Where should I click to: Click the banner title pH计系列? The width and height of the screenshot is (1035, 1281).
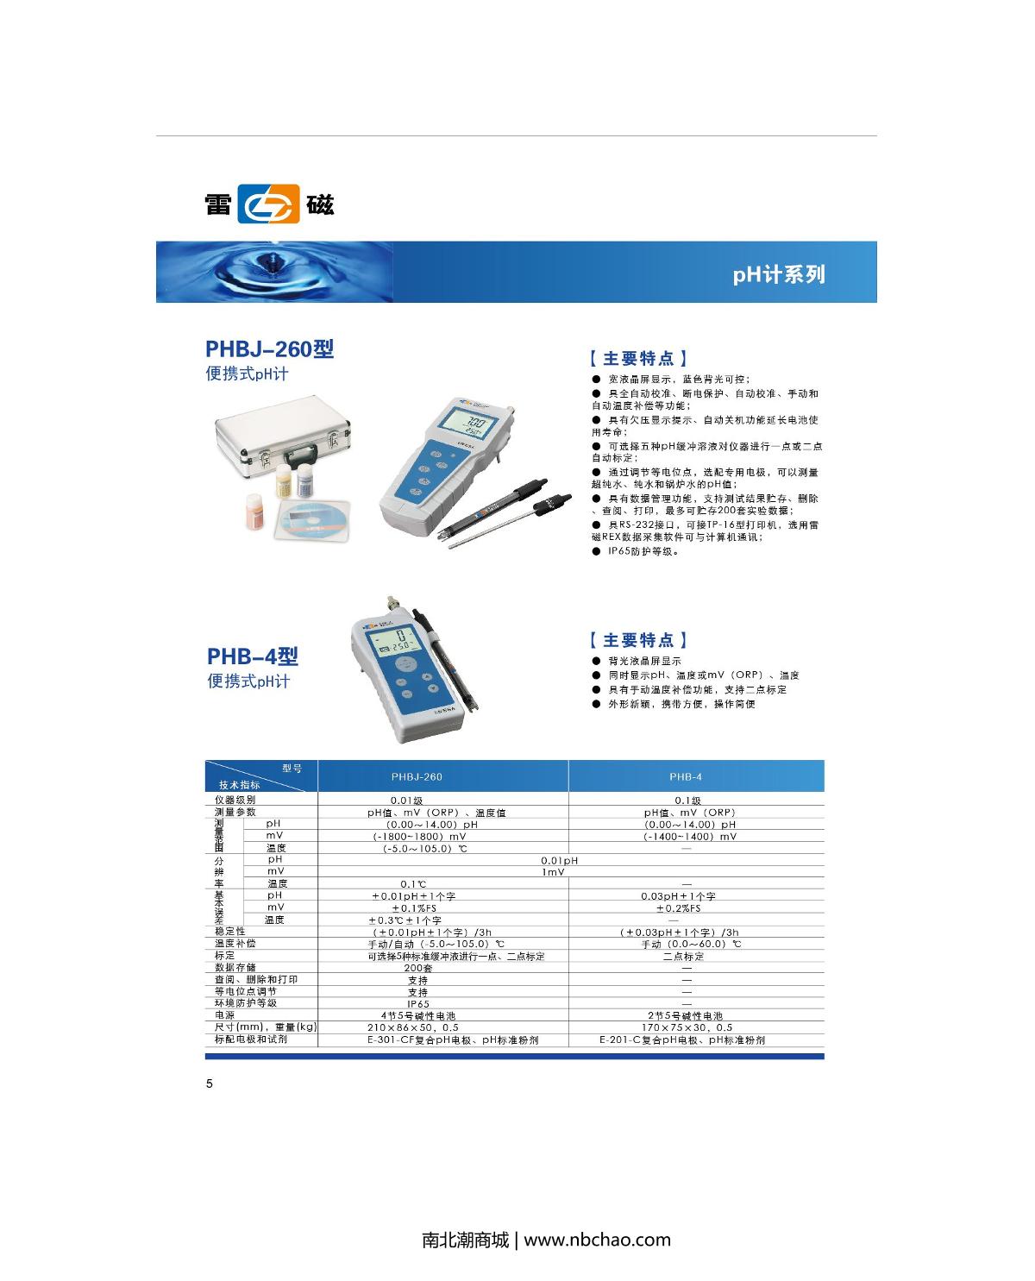pyautogui.click(x=778, y=274)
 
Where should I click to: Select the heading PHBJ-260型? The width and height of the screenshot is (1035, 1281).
pyautogui.click(x=269, y=349)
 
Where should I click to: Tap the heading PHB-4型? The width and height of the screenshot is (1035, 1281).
pyautogui.click(x=252, y=656)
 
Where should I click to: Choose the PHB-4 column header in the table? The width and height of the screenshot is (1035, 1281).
pyautogui.click(x=687, y=776)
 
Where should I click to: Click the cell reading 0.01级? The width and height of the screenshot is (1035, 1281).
pyautogui.click(x=406, y=801)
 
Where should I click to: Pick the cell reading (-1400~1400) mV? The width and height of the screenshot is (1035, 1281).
pyautogui.click(x=690, y=837)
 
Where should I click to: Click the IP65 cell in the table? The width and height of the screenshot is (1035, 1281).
pyautogui.click(x=418, y=1004)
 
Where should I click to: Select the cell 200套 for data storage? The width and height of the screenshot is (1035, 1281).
pyautogui.click(x=418, y=968)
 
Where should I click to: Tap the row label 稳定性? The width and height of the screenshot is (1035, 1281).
pyautogui.click(x=230, y=932)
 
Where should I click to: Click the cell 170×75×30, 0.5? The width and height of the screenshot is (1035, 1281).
pyautogui.click(x=687, y=1027)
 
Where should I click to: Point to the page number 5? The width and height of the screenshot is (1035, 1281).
pyautogui.click(x=209, y=1084)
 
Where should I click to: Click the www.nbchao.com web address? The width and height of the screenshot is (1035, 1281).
pyautogui.click(x=597, y=1240)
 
